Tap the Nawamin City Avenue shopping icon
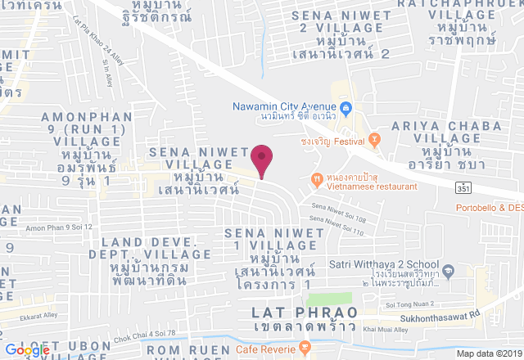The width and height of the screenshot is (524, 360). [346, 106]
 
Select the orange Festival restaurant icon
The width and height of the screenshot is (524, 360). [374, 140]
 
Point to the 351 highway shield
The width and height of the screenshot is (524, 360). [464, 187]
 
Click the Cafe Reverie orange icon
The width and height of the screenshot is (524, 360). [305, 348]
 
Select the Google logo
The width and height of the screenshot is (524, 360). [27, 350]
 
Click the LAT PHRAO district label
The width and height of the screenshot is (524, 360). [305, 313]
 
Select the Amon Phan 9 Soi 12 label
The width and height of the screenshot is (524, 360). [59, 227]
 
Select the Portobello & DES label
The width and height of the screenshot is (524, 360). [490, 207]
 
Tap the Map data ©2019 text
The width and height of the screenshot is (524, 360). [488, 353]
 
